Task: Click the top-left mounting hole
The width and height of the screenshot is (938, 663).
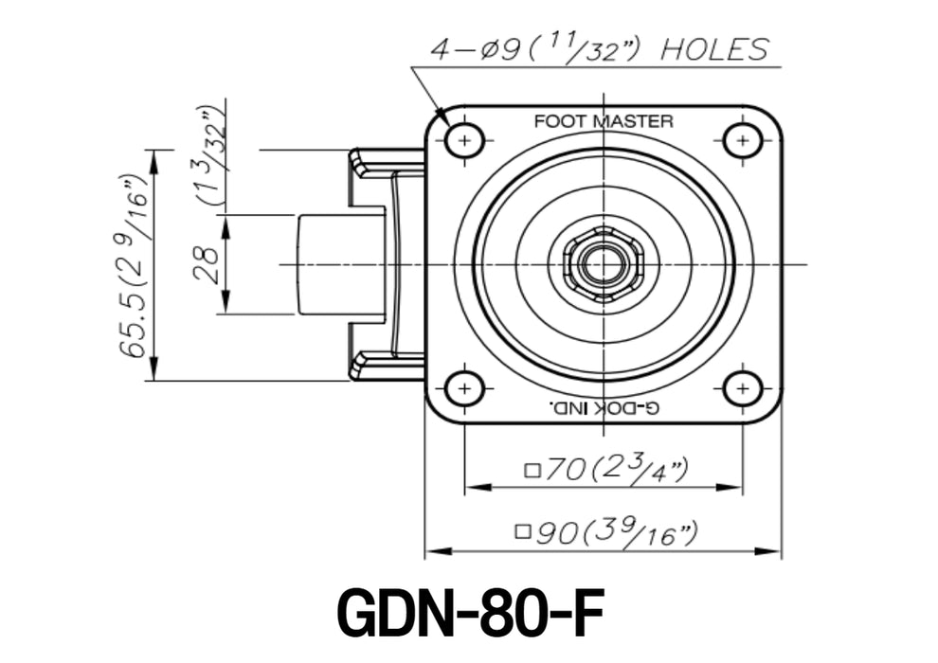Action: tap(464, 141)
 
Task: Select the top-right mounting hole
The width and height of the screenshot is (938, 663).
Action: tap(742, 141)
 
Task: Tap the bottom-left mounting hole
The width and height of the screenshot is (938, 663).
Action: tap(464, 389)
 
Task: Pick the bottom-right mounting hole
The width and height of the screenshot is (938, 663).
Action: tap(742, 389)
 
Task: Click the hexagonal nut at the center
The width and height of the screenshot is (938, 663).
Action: tap(603, 264)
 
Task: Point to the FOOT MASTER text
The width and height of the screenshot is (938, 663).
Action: tap(603, 121)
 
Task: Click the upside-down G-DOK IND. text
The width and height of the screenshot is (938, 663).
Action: tap(604, 408)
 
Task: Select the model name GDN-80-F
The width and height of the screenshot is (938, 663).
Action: tap(471, 614)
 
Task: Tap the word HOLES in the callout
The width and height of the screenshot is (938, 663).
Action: tap(714, 49)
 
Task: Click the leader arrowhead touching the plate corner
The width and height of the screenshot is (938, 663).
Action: tap(439, 113)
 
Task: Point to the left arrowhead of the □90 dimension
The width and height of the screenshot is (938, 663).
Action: tap(438, 550)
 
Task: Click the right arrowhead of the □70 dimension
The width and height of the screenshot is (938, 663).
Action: tap(730, 487)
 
